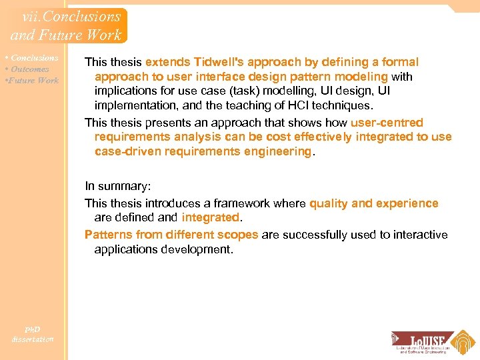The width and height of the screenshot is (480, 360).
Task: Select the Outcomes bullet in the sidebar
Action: pos(29,69)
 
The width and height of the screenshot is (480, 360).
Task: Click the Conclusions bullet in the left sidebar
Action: pos(33,58)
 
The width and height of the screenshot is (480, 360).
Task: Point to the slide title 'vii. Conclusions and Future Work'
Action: pos(67,26)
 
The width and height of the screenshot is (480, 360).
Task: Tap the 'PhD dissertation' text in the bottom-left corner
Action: pos(32,334)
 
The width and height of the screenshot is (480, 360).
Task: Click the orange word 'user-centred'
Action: pos(387,123)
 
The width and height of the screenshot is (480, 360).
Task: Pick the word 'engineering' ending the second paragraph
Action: pos(281,151)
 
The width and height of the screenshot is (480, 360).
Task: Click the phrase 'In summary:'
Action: pos(116,187)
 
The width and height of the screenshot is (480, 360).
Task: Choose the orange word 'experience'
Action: pos(408,203)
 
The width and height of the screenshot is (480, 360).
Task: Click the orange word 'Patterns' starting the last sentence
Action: pos(108,235)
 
